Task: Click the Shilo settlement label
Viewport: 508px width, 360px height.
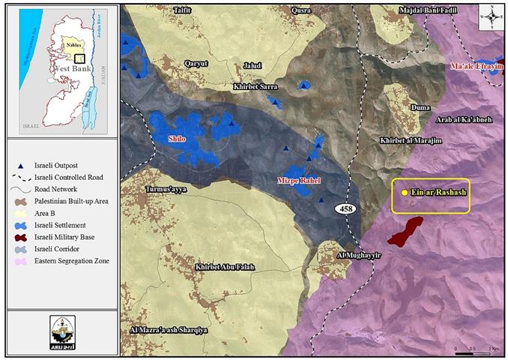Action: tap(176, 139)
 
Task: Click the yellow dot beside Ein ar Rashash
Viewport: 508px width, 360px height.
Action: tap(405, 193)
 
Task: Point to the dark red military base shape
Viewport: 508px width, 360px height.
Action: tap(405, 231)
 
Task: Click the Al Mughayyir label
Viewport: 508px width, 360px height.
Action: tap(356, 255)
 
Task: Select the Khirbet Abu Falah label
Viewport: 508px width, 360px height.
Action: tap(224, 266)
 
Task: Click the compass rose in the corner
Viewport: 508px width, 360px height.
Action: tap(490, 15)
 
